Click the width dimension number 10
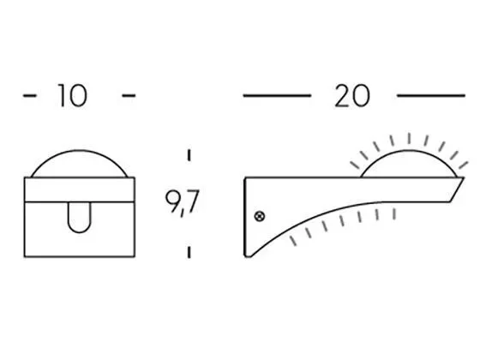tap(73, 96)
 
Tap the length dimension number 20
tap(352, 96)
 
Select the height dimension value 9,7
tap(182, 203)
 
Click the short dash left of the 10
tap(28, 96)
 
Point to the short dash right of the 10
tap(129, 96)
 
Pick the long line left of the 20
tap(277, 96)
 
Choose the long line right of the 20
tap(431, 96)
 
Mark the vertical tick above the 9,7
tap(188, 159)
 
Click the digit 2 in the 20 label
tap(343, 96)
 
